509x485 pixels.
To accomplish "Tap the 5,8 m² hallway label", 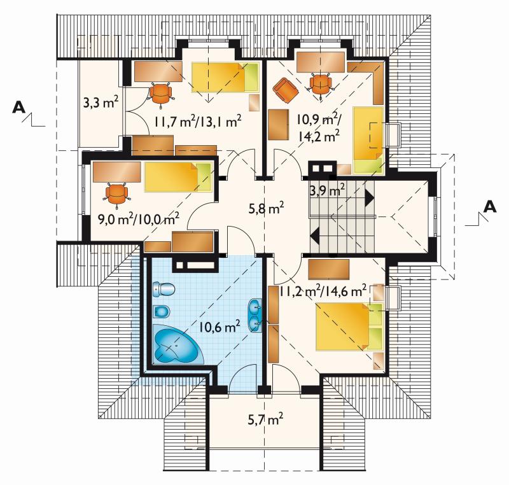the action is [x=266, y=208].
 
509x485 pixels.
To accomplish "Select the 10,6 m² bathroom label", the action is [x=220, y=327].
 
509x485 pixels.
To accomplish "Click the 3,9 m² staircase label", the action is [x=327, y=190].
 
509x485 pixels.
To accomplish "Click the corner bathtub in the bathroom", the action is [x=178, y=344].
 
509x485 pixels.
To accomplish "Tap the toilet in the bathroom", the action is [x=164, y=289].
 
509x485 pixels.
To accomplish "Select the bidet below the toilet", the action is [x=162, y=312].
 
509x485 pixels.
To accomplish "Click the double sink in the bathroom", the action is [x=255, y=316].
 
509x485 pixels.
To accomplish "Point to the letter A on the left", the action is [x=19, y=108].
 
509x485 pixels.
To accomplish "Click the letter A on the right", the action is [x=490, y=206].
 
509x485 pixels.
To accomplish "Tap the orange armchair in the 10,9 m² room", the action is [x=286, y=91].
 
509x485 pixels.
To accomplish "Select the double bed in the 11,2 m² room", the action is [x=349, y=327].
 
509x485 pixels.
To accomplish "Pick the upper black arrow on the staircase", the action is [x=370, y=198].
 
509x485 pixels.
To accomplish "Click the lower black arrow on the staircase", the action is [x=315, y=235].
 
